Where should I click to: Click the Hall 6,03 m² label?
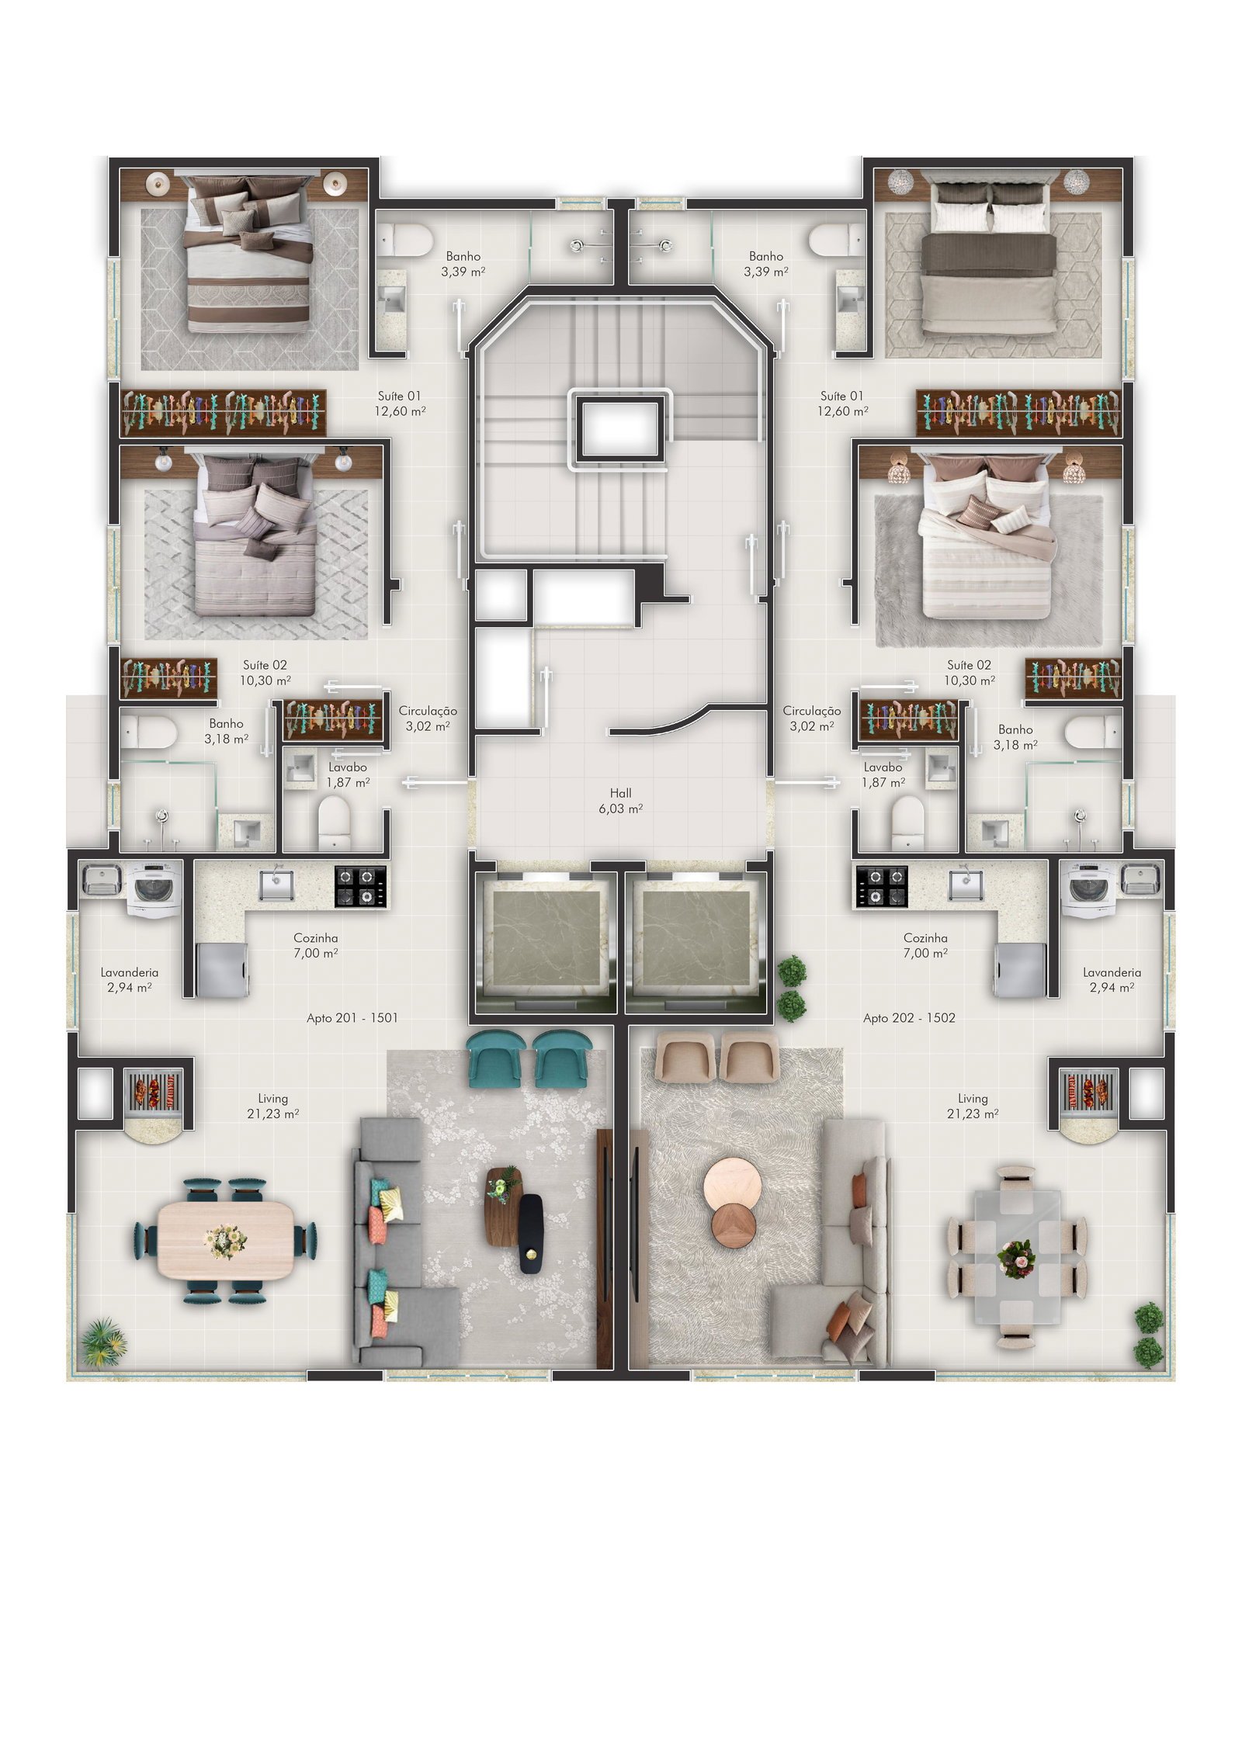tap(620, 800)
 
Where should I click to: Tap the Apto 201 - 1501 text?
tap(352, 1017)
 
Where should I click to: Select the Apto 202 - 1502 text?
tap(909, 1017)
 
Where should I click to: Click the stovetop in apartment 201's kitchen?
tap(360, 886)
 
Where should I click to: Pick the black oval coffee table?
tap(531, 1234)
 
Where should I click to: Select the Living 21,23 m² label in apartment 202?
tap(972, 1106)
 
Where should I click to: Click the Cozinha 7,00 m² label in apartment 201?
tap(315, 945)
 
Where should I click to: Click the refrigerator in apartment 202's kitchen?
tap(1018, 968)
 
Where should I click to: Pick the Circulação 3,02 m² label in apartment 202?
tap(812, 718)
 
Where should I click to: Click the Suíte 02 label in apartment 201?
tap(265, 665)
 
